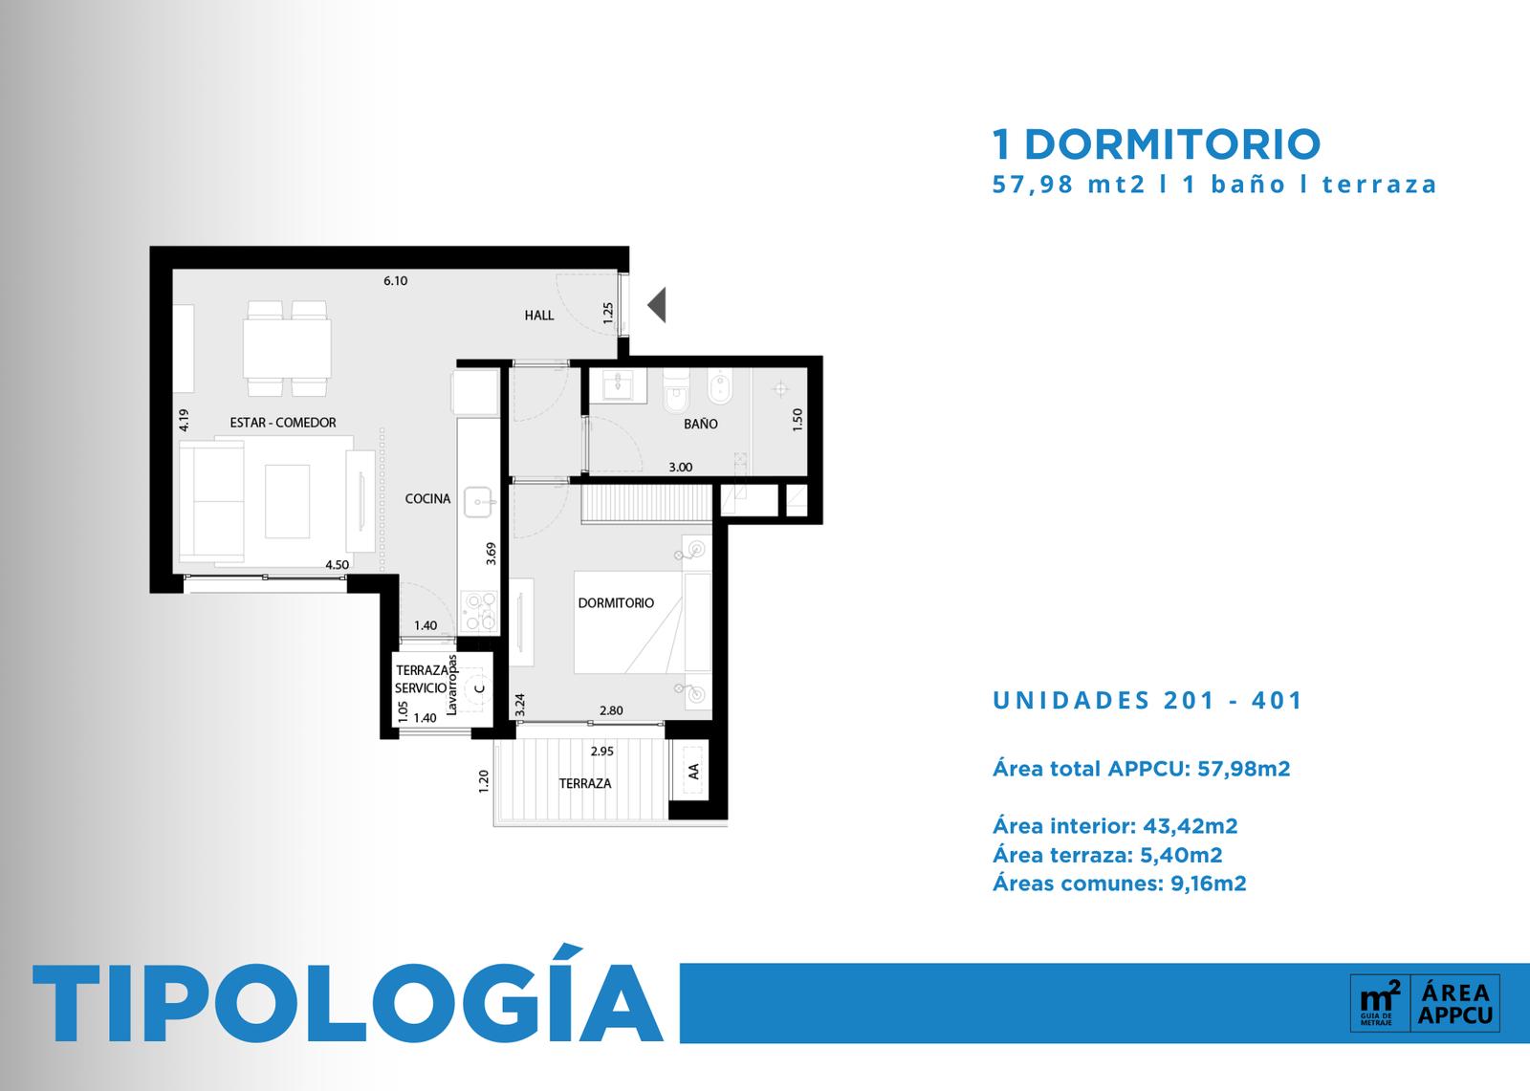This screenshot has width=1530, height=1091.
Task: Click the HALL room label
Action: pyautogui.click(x=539, y=315)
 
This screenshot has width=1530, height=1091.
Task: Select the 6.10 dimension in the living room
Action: pyautogui.click(x=396, y=281)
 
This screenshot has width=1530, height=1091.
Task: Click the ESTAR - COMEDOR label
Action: pyautogui.click(x=283, y=423)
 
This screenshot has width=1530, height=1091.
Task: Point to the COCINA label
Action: pyautogui.click(x=427, y=499)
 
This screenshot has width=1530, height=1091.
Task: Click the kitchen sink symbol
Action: pyautogui.click(x=479, y=502)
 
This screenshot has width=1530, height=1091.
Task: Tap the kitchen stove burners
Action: pyautogui.click(x=479, y=612)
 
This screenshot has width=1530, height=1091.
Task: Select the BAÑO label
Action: pyautogui.click(x=701, y=424)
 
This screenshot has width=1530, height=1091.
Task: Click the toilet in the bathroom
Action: pyautogui.click(x=676, y=391)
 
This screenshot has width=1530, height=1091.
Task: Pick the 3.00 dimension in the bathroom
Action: pyautogui.click(x=680, y=468)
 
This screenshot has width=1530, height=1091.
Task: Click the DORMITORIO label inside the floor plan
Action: pyautogui.click(x=616, y=603)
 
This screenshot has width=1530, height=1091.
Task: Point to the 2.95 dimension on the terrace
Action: pyautogui.click(x=601, y=752)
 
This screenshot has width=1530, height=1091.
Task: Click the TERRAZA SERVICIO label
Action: pyautogui.click(x=422, y=679)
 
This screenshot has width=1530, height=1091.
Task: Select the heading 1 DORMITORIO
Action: pyautogui.click(x=1156, y=144)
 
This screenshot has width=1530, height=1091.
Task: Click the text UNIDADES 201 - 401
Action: pyautogui.click(x=1147, y=700)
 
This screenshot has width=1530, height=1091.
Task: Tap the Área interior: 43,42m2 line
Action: pyautogui.click(x=1115, y=826)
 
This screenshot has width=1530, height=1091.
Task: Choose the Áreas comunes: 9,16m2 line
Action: pyautogui.click(x=1120, y=884)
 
